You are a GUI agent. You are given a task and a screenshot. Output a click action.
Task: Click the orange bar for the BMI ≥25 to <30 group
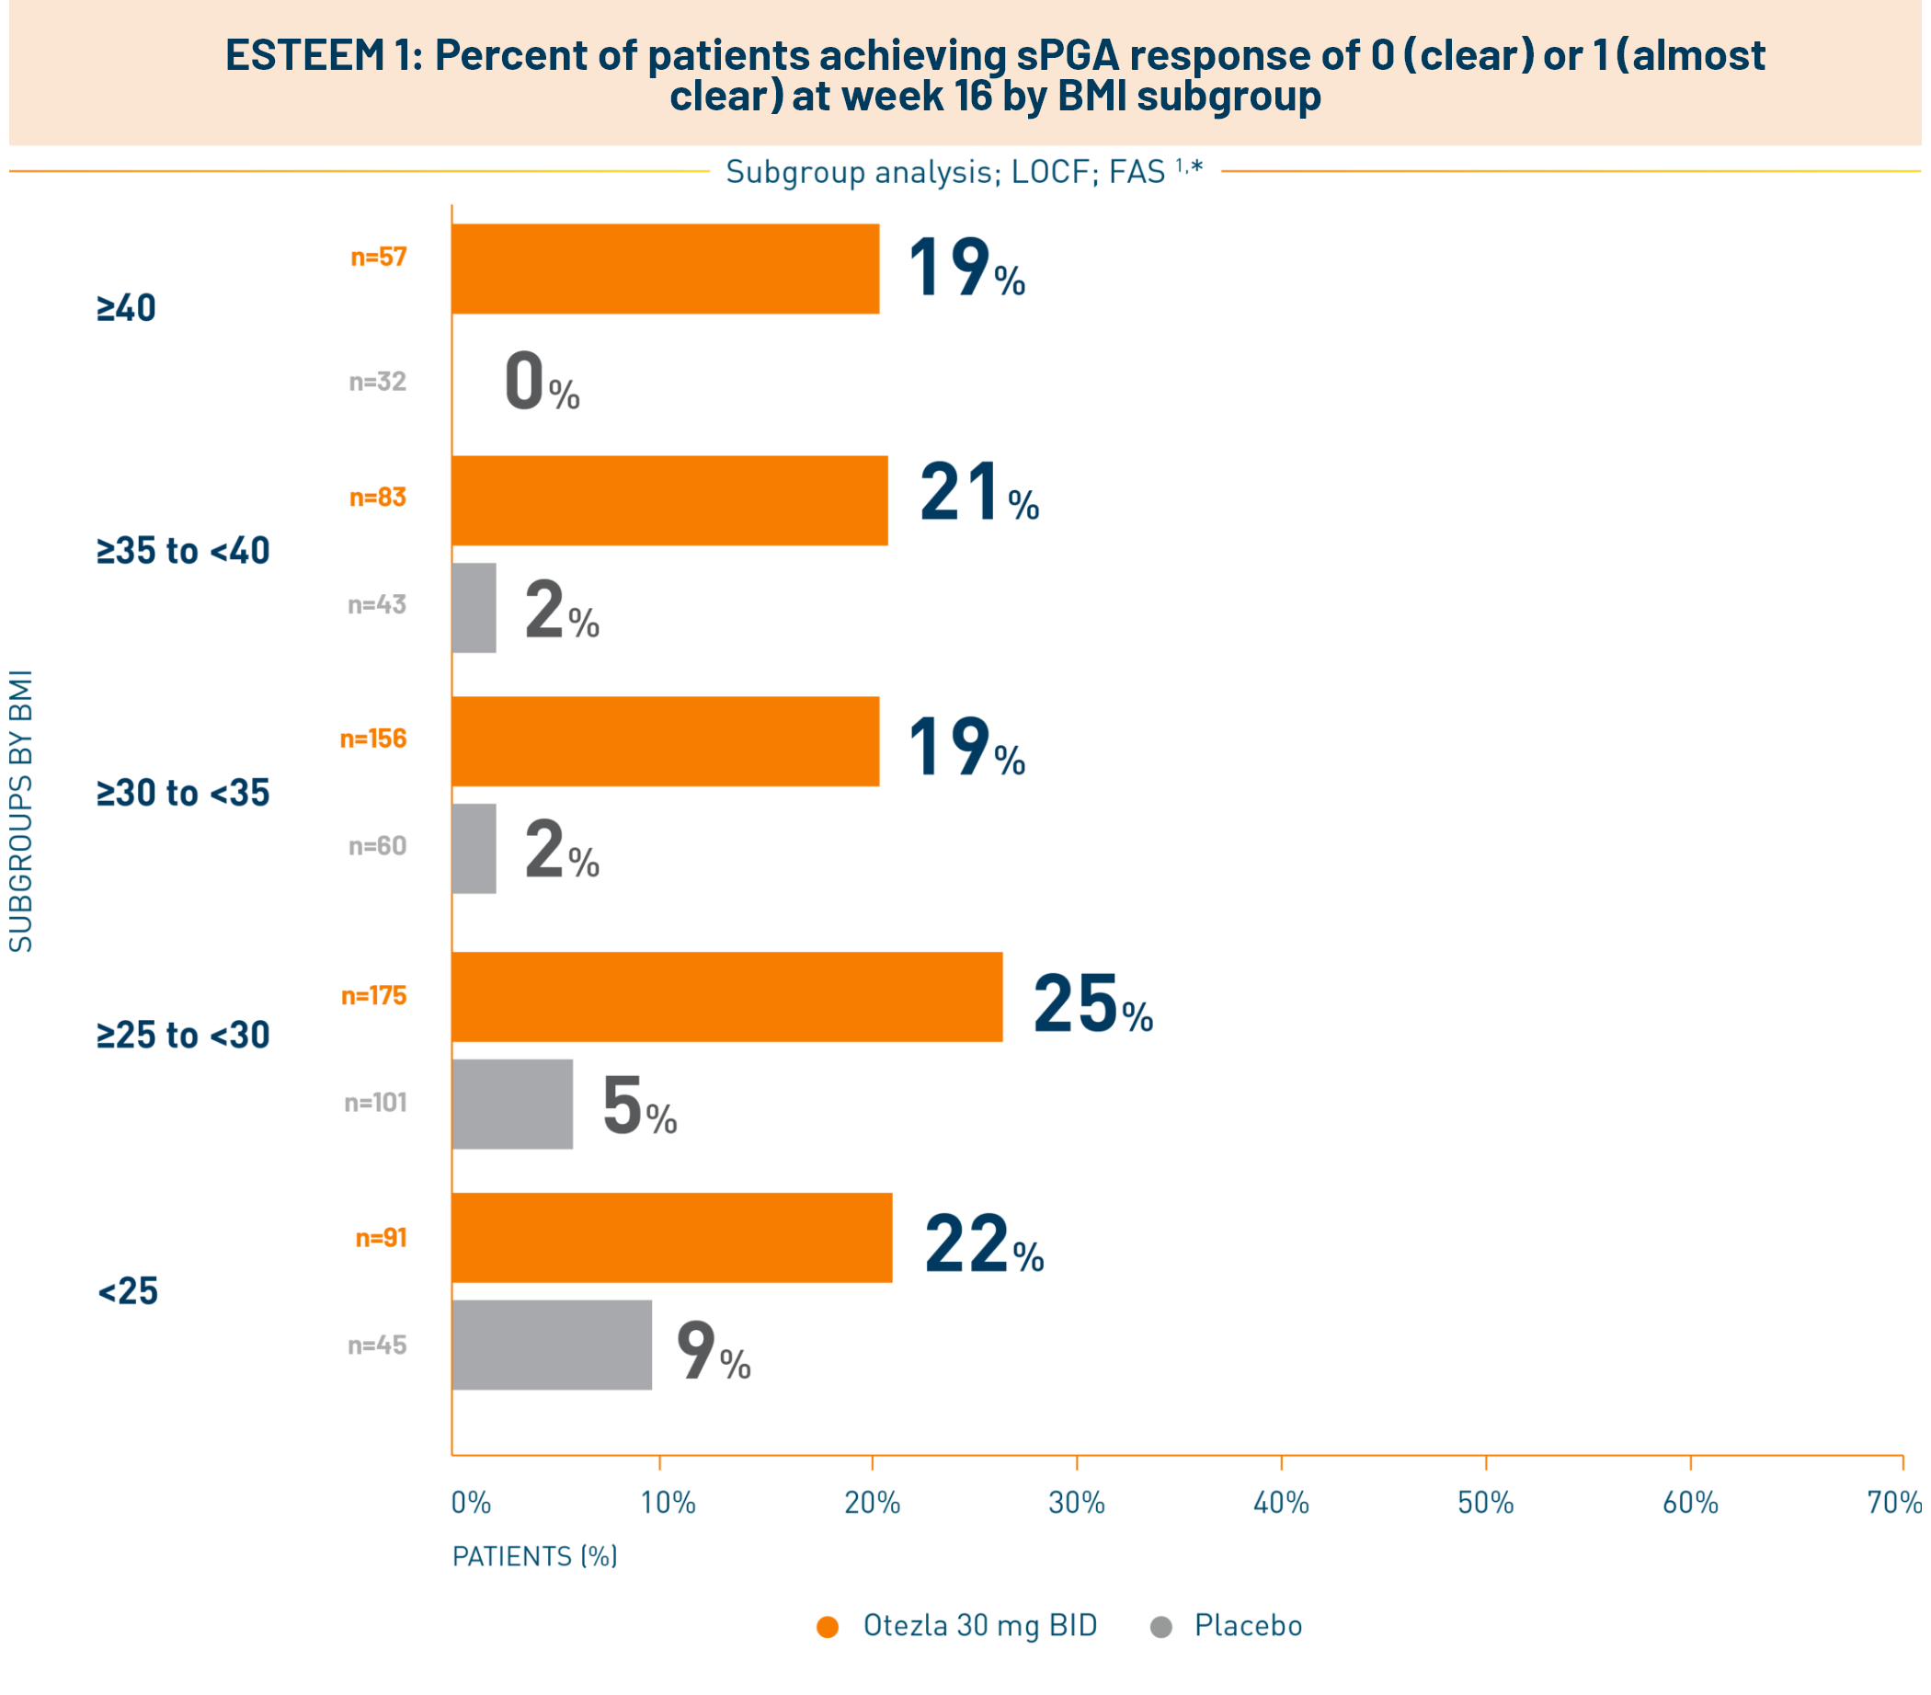(x=726, y=997)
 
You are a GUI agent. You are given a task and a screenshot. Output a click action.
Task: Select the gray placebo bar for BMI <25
(x=552, y=1345)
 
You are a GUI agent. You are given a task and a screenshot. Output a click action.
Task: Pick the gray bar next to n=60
(x=474, y=849)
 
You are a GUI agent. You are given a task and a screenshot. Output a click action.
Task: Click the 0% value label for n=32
(x=542, y=382)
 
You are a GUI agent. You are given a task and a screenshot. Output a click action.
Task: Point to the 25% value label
(x=1092, y=1003)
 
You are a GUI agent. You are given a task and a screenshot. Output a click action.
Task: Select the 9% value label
(x=714, y=1351)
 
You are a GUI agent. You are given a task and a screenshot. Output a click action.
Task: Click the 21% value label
(x=978, y=493)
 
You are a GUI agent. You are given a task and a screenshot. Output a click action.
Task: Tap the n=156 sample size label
(x=373, y=739)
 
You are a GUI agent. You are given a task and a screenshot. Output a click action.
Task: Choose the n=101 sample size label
(x=375, y=1103)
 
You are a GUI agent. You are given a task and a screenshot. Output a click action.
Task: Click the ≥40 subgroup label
(x=127, y=308)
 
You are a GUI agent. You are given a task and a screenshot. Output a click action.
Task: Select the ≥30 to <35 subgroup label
(x=183, y=793)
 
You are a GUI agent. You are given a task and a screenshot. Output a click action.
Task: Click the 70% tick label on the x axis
(x=1893, y=1502)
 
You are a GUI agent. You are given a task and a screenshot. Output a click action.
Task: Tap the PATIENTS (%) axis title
(x=535, y=1556)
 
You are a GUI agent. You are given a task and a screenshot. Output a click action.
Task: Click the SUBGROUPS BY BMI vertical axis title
(x=21, y=810)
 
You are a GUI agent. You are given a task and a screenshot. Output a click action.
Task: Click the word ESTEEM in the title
(x=305, y=56)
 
